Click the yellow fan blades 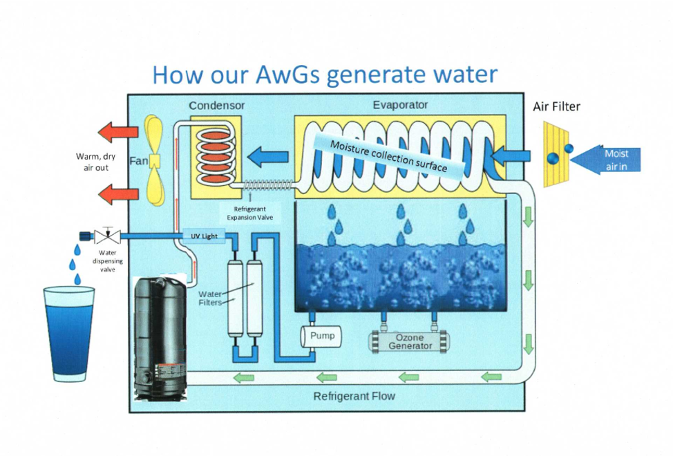(x=154, y=160)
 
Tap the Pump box (x=321, y=336)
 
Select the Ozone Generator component (x=408, y=341)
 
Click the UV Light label (x=204, y=236)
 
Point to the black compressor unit (x=160, y=339)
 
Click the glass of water (x=69, y=334)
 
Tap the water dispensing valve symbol (x=107, y=235)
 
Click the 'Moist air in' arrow (x=605, y=160)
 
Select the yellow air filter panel (x=556, y=155)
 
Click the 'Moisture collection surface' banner (x=389, y=156)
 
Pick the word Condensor (x=217, y=106)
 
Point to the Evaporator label (x=400, y=105)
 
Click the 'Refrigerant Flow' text (x=354, y=396)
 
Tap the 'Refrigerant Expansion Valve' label (x=250, y=213)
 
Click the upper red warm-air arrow (x=118, y=132)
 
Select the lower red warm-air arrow (x=118, y=194)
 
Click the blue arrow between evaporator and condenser (x=267, y=157)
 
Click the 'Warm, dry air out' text (x=96, y=162)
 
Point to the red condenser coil (x=216, y=157)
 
